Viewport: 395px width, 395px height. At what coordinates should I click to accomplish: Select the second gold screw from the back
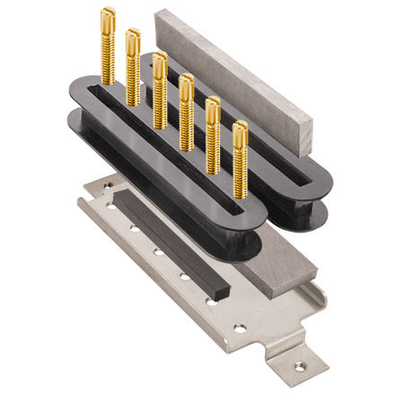(133, 38)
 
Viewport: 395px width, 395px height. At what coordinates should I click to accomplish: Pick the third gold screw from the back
(160, 61)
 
